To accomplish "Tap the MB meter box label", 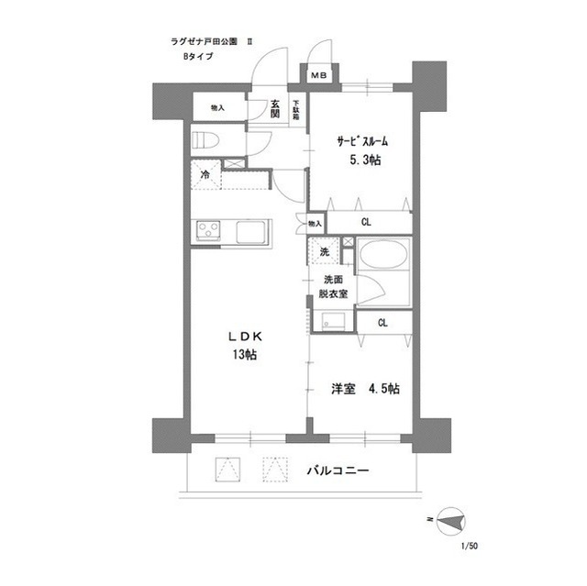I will click(320, 75).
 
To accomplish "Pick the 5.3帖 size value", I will click(364, 160).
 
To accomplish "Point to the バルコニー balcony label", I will click(337, 470).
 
